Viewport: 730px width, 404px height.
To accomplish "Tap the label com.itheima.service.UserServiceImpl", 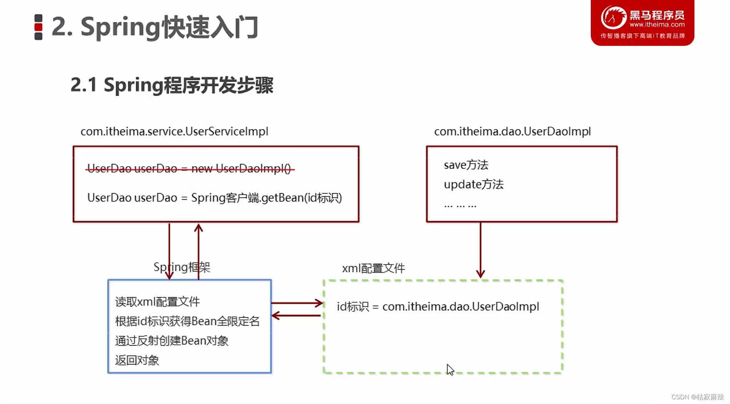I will tap(174, 131).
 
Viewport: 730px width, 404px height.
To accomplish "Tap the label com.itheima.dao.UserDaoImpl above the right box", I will tap(512, 131).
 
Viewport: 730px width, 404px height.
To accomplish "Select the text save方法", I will tap(466, 165).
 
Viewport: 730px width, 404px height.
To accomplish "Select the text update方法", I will tap(473, 185).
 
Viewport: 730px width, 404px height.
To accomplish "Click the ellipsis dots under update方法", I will tap(460, 205).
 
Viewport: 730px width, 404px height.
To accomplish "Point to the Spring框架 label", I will tap(182, 267).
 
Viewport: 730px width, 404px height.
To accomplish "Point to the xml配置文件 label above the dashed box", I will tap(373, 268).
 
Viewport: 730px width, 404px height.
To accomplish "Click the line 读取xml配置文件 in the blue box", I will tap(157, 302).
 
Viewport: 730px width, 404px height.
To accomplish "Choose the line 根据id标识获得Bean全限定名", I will tap(187, 321).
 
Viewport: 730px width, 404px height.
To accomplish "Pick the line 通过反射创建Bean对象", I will tap(171, 341).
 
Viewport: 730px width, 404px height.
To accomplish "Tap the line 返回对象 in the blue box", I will tap(137, 361).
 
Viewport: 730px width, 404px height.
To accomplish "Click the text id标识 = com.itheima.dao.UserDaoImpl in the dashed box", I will tap(438, 307).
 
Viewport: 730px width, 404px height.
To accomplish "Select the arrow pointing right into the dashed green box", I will tap(297, 303).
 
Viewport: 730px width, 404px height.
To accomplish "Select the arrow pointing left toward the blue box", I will tap(296, 316).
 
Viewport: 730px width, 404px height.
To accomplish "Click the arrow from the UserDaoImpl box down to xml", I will tap(480, 250).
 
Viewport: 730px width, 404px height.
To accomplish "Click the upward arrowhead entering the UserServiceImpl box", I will tap(198, 228).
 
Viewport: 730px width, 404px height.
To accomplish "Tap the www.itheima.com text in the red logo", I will tap(657, 25).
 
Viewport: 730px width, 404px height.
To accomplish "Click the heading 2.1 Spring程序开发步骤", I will tap(171, 85).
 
